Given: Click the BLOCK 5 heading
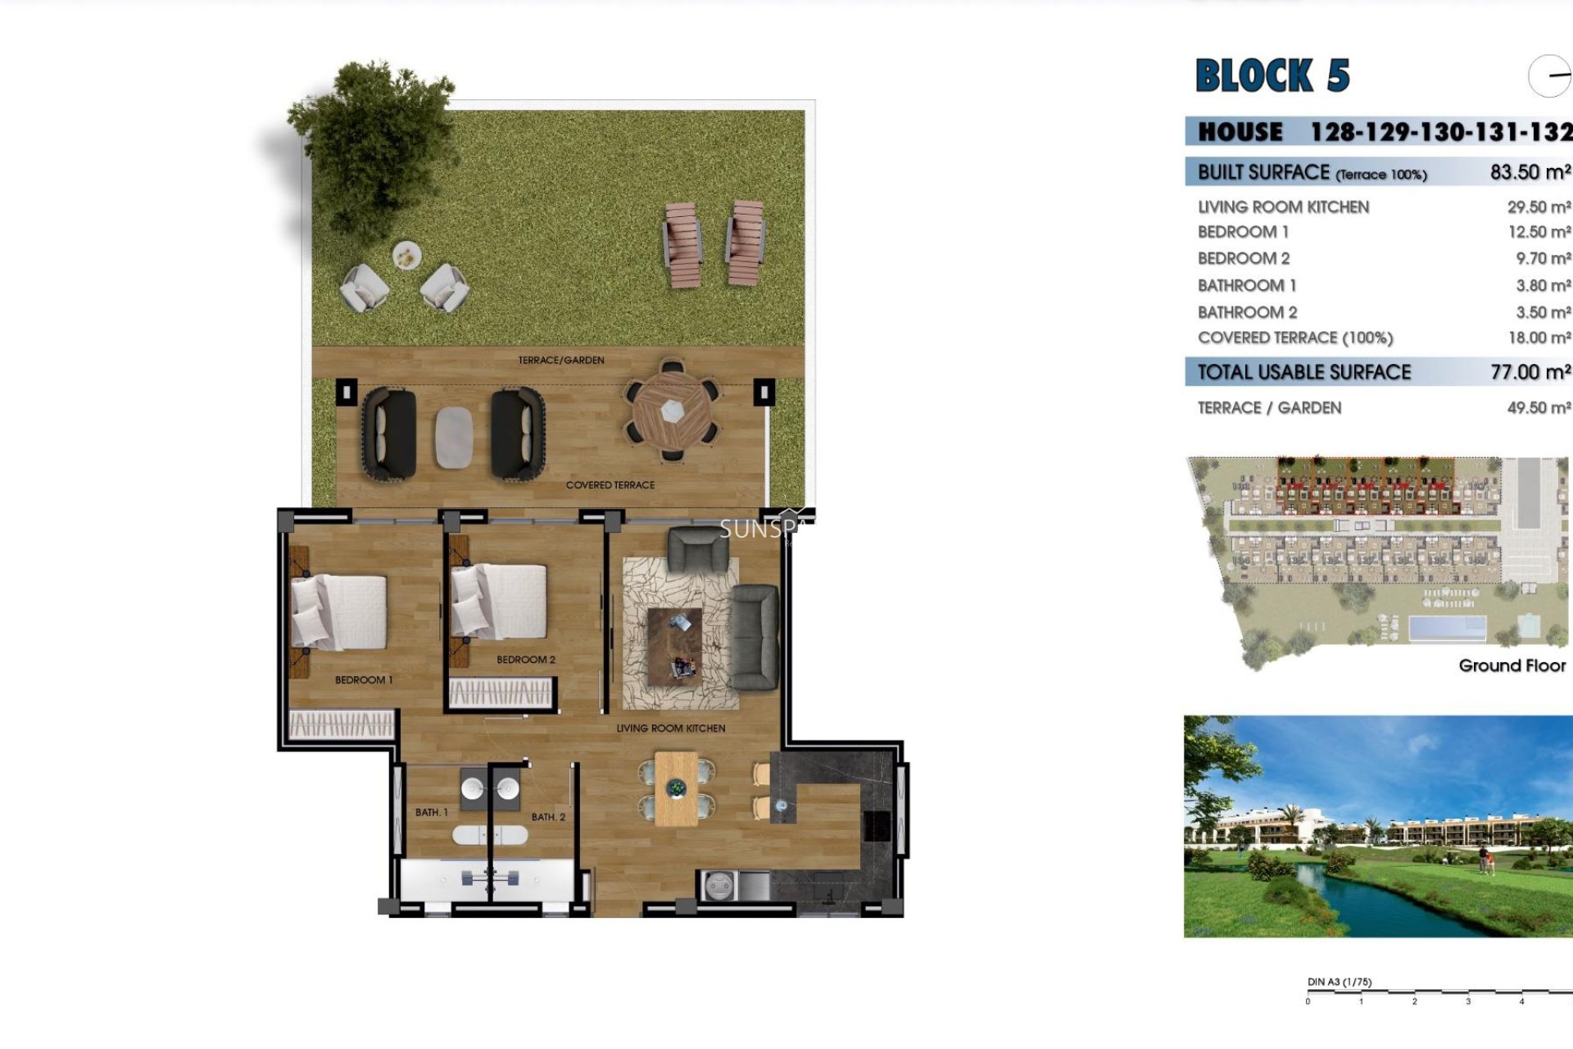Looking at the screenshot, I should point(1272,76).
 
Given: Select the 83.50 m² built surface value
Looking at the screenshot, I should point(1530,172).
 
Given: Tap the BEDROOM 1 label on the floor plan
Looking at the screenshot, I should point(364,680).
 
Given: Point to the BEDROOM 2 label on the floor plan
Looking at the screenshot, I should point(526,660).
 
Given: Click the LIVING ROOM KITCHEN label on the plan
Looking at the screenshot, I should point(670,728).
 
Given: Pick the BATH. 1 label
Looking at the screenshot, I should point(431,812).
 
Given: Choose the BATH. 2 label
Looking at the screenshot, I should point(548,817).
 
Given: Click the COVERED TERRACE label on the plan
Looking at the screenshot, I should point(610,485).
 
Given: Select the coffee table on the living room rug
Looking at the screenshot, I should point(674,646).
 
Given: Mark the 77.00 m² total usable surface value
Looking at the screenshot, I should point(1530,372).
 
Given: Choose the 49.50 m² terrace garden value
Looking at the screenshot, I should point(1539,408).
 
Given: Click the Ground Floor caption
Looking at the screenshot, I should point(1512,665).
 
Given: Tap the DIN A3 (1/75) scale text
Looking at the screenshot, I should point(1340,982).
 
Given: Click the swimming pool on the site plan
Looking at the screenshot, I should point(1447,629).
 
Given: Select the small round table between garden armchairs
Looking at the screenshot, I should point(406,257).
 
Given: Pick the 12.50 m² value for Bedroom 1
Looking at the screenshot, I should point(1539,232).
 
